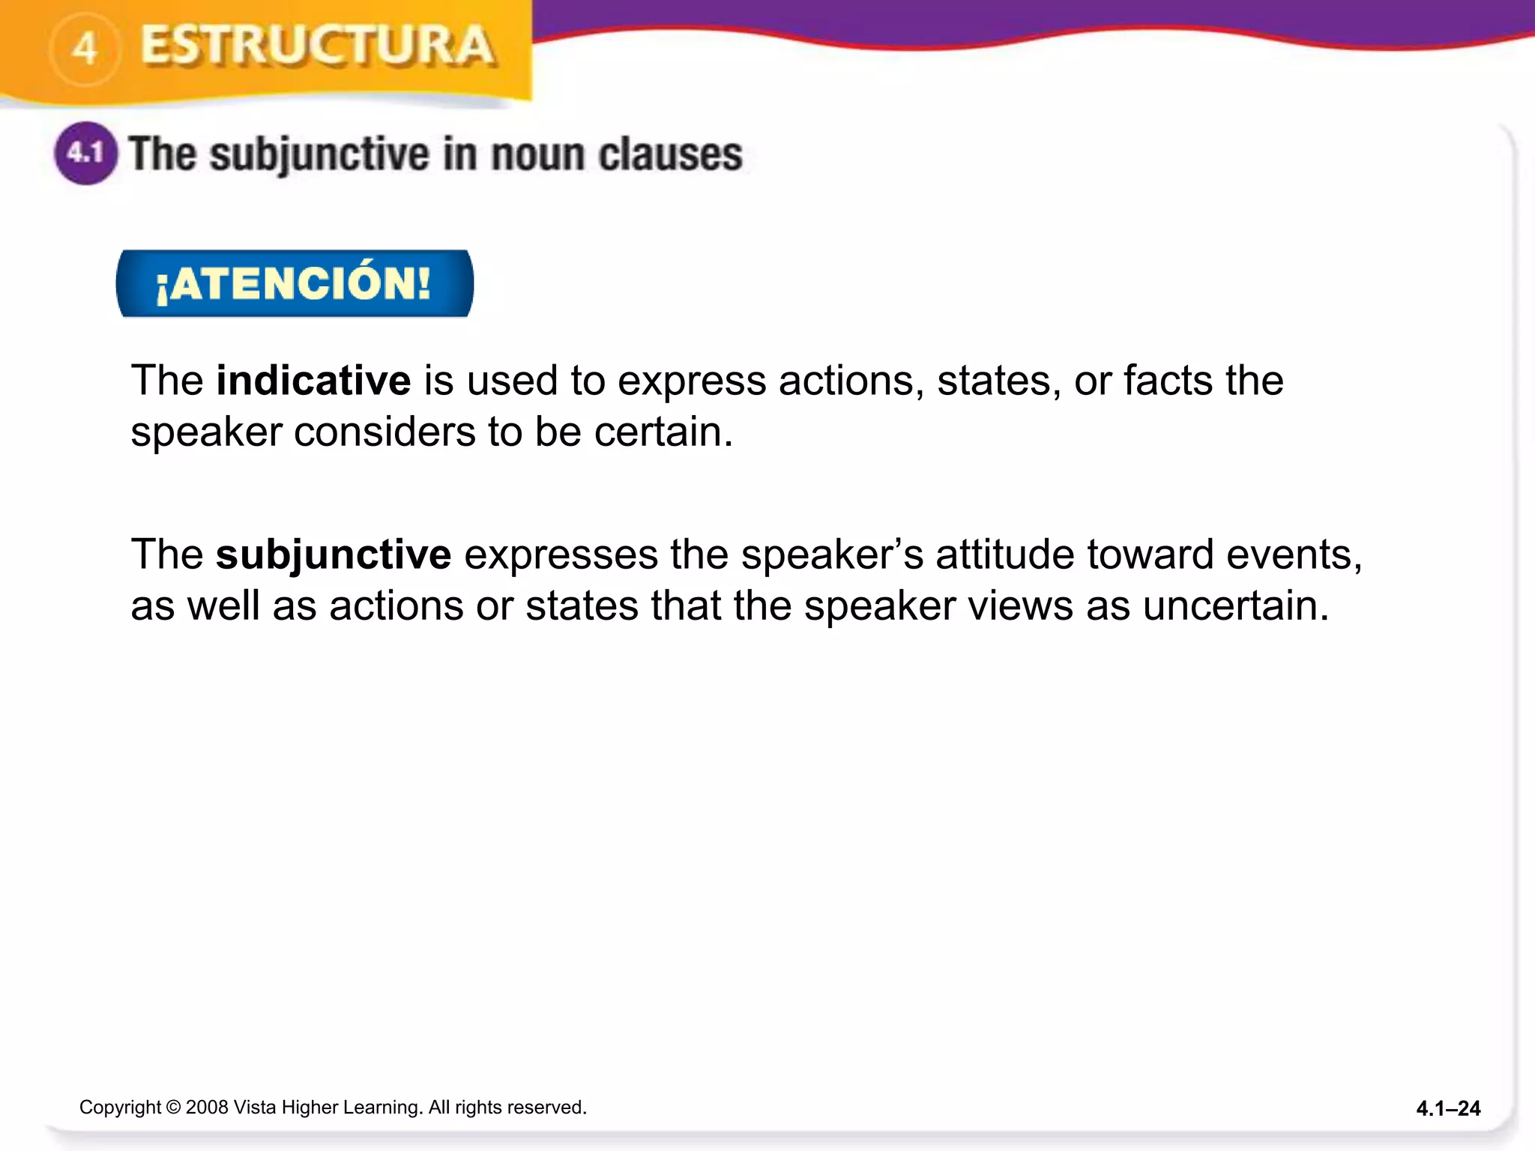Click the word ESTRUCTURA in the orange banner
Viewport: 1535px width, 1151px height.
pos(317,46)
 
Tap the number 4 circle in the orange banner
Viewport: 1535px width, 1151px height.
pos(85,49)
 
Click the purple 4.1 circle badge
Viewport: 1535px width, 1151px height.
pos(85,154)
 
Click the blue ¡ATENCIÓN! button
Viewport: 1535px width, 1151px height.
pos(295,284)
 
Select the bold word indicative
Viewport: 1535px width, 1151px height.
pos(313,381)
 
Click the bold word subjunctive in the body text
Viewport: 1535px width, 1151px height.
pos(334,555)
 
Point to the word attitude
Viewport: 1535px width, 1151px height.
pos(1004,555)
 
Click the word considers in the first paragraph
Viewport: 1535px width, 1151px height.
pos(384,432)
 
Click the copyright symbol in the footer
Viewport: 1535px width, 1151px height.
pos(173,1108)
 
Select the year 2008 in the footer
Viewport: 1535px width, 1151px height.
pos(206,1108)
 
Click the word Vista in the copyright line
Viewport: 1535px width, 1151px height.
pos(255,1108)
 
